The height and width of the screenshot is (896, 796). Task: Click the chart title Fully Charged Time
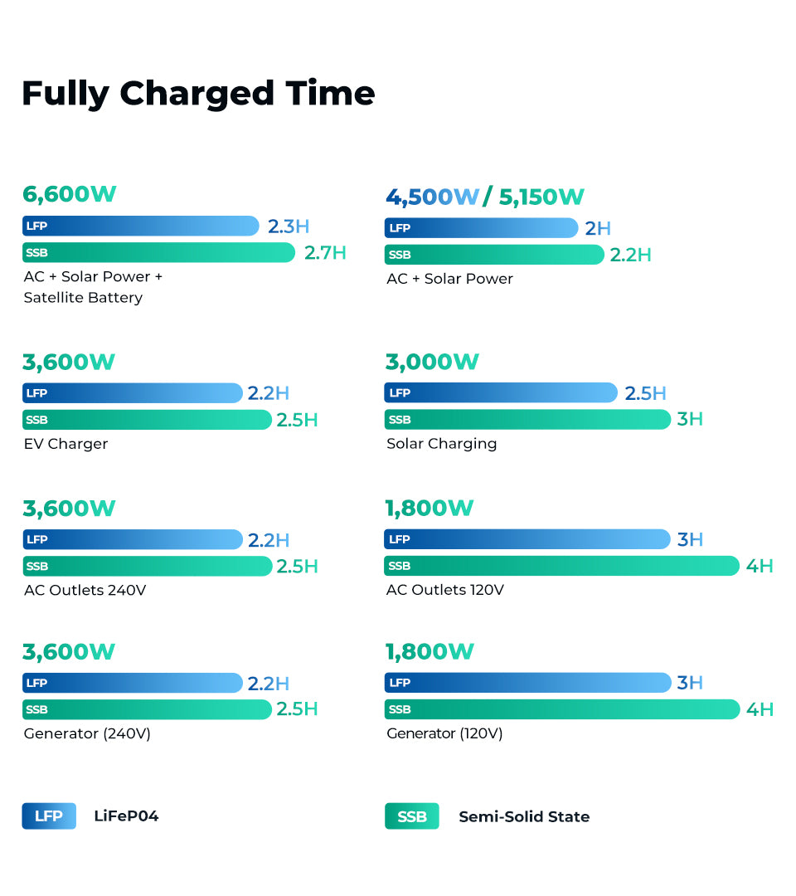click(198, 93)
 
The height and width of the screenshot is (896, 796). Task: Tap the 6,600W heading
click(70, 194)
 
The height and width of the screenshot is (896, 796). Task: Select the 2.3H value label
click(288, 226)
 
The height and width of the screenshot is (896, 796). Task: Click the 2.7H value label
click(325, 252)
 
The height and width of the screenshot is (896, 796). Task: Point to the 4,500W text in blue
click(432, 197)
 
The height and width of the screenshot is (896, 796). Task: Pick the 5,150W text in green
click(541, 197)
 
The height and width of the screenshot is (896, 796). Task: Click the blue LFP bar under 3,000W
click(501, 392)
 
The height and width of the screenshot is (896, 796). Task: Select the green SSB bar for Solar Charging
click(527, 419)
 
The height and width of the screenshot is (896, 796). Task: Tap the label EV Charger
click(66, 444)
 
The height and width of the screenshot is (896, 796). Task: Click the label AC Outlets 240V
click(85, 590)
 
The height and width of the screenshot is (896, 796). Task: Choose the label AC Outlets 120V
click(445, 590)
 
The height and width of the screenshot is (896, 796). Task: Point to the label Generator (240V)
click(87, 733)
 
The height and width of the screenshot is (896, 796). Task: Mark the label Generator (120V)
click(444, 733)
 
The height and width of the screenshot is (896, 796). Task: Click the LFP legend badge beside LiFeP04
click(49, 816)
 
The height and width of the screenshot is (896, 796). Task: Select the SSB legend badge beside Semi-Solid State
click(411, 816)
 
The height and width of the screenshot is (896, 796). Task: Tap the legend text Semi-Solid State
click(524, 816)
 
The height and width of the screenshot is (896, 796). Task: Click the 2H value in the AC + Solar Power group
click(597, 228)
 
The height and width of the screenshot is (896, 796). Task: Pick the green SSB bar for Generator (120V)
click(561, 709)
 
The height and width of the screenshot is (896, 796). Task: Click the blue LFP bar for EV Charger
click(133, 392)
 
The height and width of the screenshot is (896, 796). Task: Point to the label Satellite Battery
click(83, 298)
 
